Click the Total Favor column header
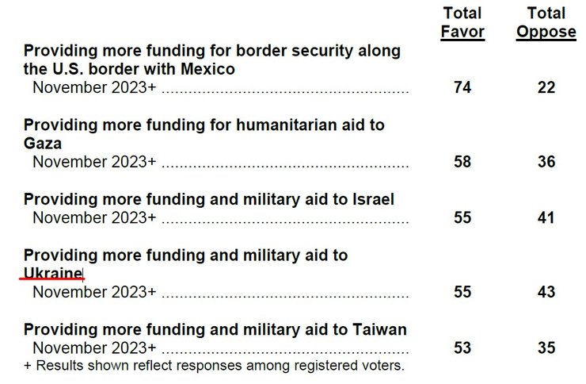point(463,22)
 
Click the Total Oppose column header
point(546,22)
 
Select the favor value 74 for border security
point(463,88)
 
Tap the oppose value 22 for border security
point(546,88)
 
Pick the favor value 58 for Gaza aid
point(463,162)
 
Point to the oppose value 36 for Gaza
point(546,162)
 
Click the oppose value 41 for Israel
point(546,217)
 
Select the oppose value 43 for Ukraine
point(546,292)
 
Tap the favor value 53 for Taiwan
point(463,348)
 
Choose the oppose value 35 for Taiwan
point(546,348)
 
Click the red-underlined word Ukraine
point(53,274)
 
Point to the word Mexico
point(207,69)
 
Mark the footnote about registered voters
point(214,366)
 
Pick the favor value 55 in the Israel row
point(463,217)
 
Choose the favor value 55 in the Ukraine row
point(463,292)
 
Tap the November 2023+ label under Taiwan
point(94,348)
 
